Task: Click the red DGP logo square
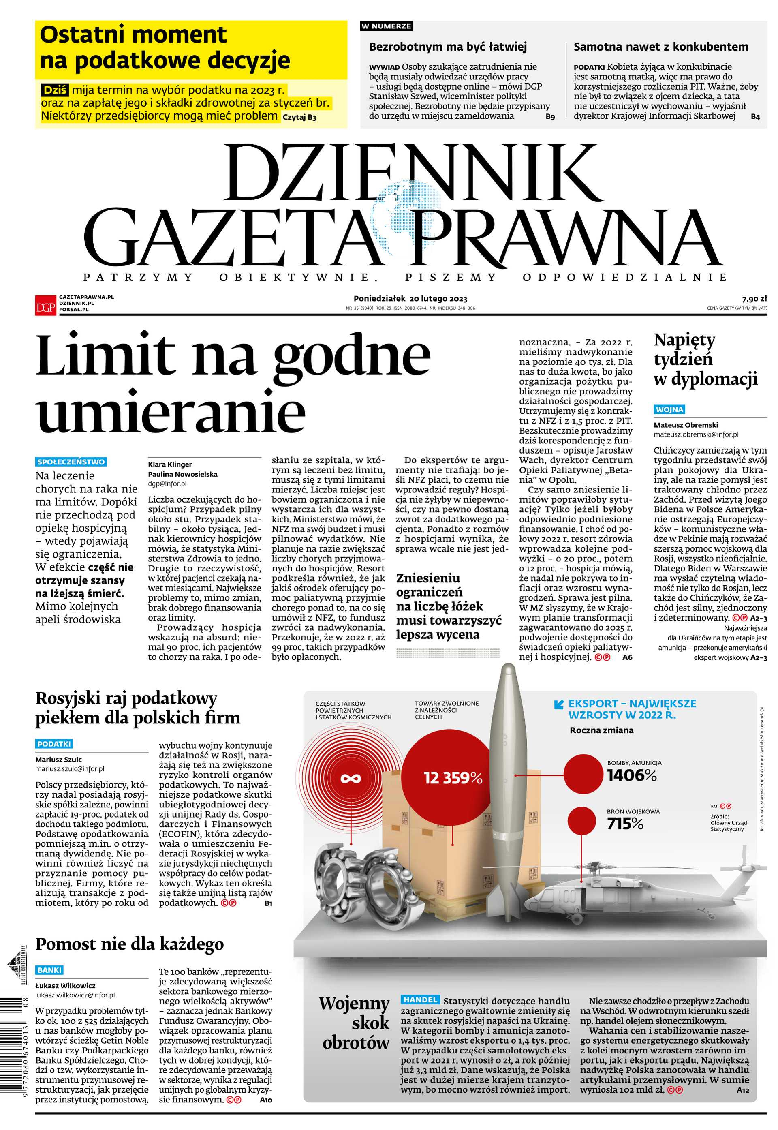click(45, 306)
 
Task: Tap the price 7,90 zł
click(754, 299)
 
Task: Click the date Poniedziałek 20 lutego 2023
click(410, 298)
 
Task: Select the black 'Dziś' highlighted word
click(55, 90)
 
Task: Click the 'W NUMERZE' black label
click(386, 26)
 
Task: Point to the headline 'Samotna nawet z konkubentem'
click(660, 47)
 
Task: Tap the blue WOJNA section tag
click(669, 409)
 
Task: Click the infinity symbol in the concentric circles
click(351, 778)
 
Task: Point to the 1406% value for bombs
click(631, 775)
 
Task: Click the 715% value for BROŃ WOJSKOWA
click(625, 823)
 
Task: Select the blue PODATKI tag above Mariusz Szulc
click(54, 744)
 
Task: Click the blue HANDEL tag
click(420, 999)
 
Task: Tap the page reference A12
click(742, 1089)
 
